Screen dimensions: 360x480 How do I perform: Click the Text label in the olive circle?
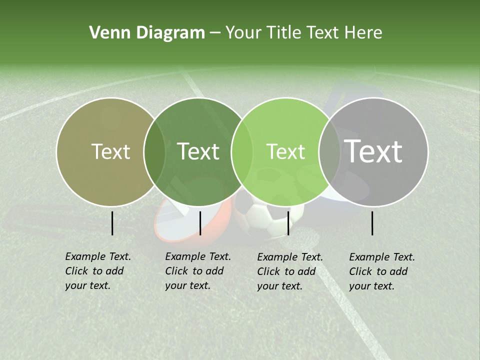[110, 151]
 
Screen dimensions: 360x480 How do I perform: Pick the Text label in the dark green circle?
[198, 151]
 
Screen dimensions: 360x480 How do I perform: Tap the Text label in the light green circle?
[286, 151]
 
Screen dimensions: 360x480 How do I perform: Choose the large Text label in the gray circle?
[373, 151]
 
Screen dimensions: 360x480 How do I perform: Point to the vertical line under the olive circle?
[112, 223]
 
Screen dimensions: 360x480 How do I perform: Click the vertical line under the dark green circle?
[200, 223]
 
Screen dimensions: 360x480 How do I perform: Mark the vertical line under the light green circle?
[288, 223]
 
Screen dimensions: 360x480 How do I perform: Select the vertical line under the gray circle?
[372, 223]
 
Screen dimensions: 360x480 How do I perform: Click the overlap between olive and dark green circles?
[154, 152]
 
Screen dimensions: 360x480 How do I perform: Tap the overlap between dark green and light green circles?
[242, 152]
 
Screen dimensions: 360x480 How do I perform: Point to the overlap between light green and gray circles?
[329, 152]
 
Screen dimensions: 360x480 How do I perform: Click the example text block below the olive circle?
[97, 271]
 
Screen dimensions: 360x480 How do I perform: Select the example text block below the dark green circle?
[197, 271]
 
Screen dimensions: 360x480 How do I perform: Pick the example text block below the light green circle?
[289, 271]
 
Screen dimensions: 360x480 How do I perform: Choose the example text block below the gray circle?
[381, 271]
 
